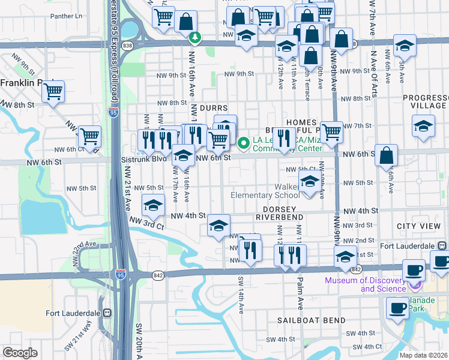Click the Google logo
coord(20,352)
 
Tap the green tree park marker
coord(195,38)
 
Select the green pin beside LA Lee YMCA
coord(244,143)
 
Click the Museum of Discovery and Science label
coord(366,284)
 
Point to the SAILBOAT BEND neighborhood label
coord(309,321)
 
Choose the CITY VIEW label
coord(418,226)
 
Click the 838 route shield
coord(127,45)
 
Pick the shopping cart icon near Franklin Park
coord(53,92)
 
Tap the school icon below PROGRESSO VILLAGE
coord(423,126)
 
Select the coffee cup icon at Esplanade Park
coord(396,308)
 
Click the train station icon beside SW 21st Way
coord(108,313)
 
